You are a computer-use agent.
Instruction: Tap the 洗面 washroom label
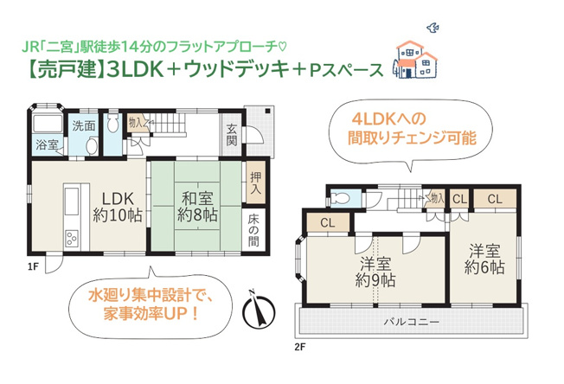tap(84, 126)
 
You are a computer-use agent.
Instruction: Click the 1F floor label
tap(32, 266)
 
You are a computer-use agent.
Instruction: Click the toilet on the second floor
tap(340, 198)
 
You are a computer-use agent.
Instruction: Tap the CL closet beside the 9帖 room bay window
tap(326, 223)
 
